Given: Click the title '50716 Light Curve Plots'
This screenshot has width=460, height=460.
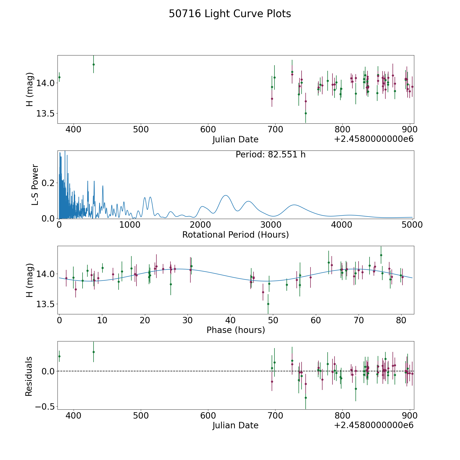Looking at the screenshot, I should click(230, 14).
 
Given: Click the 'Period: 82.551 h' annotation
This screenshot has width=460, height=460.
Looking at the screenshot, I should click(270, 155).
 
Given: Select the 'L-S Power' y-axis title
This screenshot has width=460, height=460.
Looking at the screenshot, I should click(35, 185).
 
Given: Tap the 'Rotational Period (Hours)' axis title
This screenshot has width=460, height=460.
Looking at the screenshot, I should click(235, 235).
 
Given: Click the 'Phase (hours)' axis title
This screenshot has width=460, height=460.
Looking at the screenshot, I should click(236, 330).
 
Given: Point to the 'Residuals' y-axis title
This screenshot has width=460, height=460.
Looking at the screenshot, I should click(29, 376).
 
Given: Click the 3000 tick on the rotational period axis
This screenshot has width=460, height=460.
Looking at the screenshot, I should click(271, 225).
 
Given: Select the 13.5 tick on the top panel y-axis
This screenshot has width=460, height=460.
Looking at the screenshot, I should click(45, 113).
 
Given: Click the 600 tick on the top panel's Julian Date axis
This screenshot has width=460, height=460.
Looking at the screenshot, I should click(208, 130).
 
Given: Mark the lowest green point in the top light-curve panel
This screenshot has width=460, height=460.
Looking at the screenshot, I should click(306, 113).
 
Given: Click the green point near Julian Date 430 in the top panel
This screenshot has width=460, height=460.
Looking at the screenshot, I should click(94, 64).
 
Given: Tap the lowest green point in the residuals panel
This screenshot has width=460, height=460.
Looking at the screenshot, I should click(306, 398).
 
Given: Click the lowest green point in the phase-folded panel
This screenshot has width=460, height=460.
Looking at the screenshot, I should click(268, 304).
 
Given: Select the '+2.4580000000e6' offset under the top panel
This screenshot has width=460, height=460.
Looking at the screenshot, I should click(374, 139).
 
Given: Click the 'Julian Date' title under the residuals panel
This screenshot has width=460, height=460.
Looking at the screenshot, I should click(235, 425).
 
